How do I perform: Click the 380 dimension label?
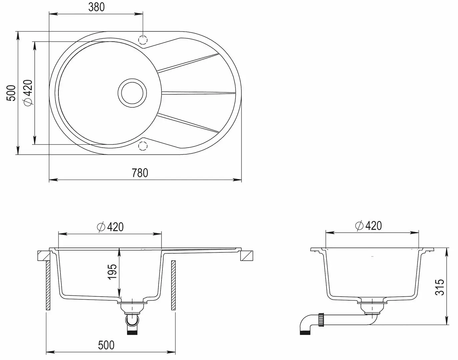96,7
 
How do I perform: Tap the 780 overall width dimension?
140,173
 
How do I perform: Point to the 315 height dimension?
440,287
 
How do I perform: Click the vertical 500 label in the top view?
11,93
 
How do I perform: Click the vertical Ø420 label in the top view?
28,92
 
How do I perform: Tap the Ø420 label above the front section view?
110,227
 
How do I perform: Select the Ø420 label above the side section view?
369,226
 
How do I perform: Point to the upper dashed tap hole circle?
143,40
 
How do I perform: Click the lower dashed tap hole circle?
143,146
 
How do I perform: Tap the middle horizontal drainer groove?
199,93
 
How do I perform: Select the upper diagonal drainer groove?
188,62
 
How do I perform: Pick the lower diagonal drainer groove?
188,123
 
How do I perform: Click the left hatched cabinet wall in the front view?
48,285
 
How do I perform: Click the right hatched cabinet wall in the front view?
173,285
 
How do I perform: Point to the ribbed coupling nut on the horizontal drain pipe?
321,320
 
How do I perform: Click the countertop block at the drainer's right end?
247,256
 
